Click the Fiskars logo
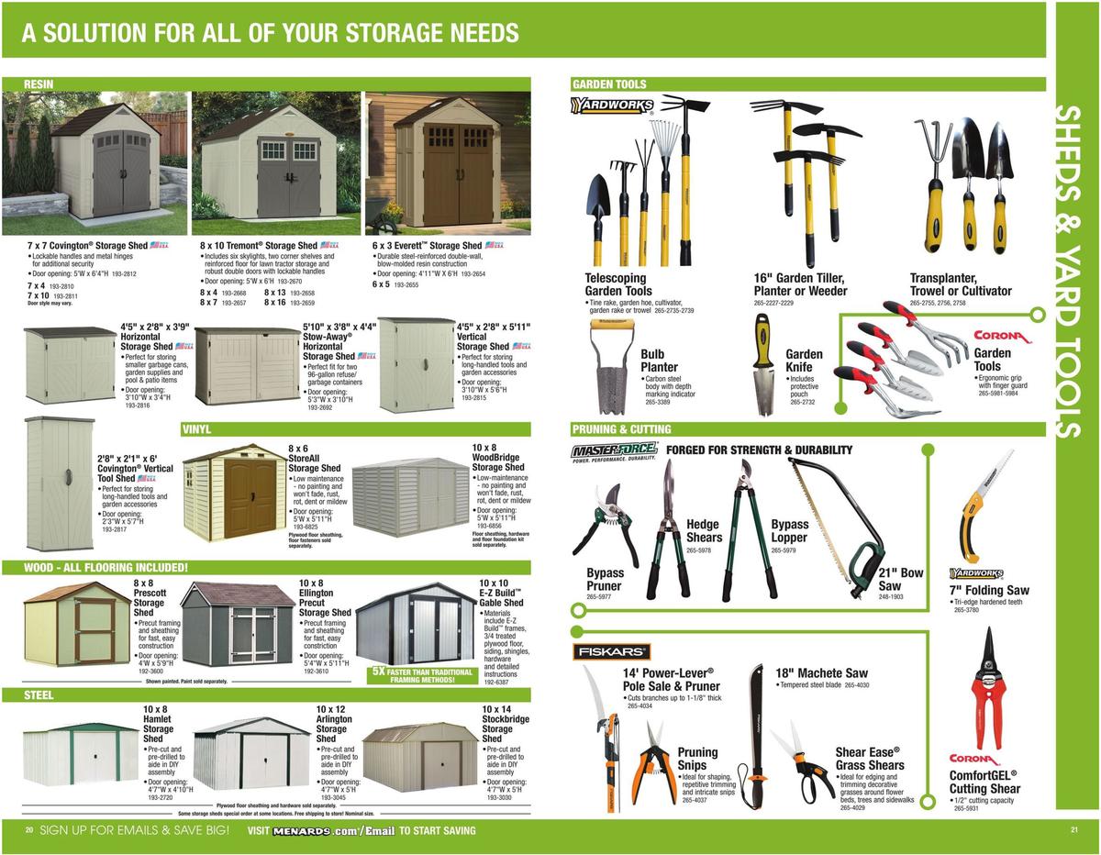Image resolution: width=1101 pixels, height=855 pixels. (x=612, y=651)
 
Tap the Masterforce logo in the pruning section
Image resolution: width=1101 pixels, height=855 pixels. (x=614, y=451)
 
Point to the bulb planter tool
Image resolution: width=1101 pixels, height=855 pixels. (x=614, y=364)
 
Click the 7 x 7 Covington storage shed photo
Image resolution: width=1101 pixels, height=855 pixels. (x=95, y=163)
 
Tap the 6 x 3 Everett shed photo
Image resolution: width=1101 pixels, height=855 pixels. (x=448, y=163)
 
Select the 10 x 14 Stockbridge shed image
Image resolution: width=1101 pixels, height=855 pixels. (x=419, y=757)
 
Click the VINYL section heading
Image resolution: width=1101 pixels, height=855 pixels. (x=197, y=428)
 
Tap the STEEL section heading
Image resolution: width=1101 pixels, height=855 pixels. (x=39, y=695)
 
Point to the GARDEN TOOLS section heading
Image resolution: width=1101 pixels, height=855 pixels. (x=610, y=84)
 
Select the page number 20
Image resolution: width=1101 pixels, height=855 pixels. (x=29, y=830)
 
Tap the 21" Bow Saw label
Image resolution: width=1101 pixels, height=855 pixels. (x=900, y=579)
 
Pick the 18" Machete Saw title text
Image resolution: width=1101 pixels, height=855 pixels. (x=821, y=672)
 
